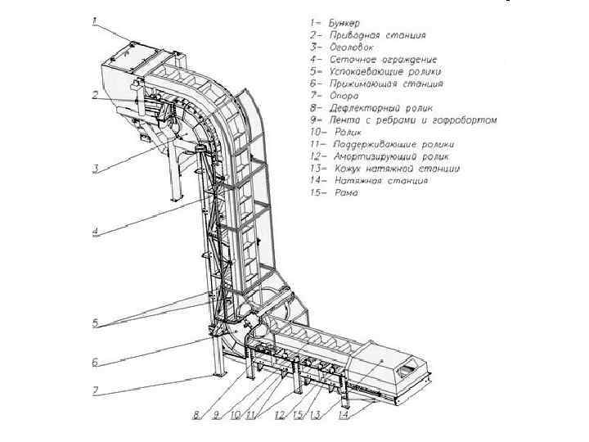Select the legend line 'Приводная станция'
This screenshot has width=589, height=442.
367,35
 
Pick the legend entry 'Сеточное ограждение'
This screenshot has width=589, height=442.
373,60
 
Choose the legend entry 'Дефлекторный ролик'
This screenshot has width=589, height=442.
371,108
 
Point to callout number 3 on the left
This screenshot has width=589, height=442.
95,169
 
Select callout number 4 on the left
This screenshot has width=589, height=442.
95,231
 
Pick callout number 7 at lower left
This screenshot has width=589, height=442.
95,391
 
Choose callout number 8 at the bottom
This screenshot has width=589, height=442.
196,415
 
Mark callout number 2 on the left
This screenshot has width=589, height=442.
95,95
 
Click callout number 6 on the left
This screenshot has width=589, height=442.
95,362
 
